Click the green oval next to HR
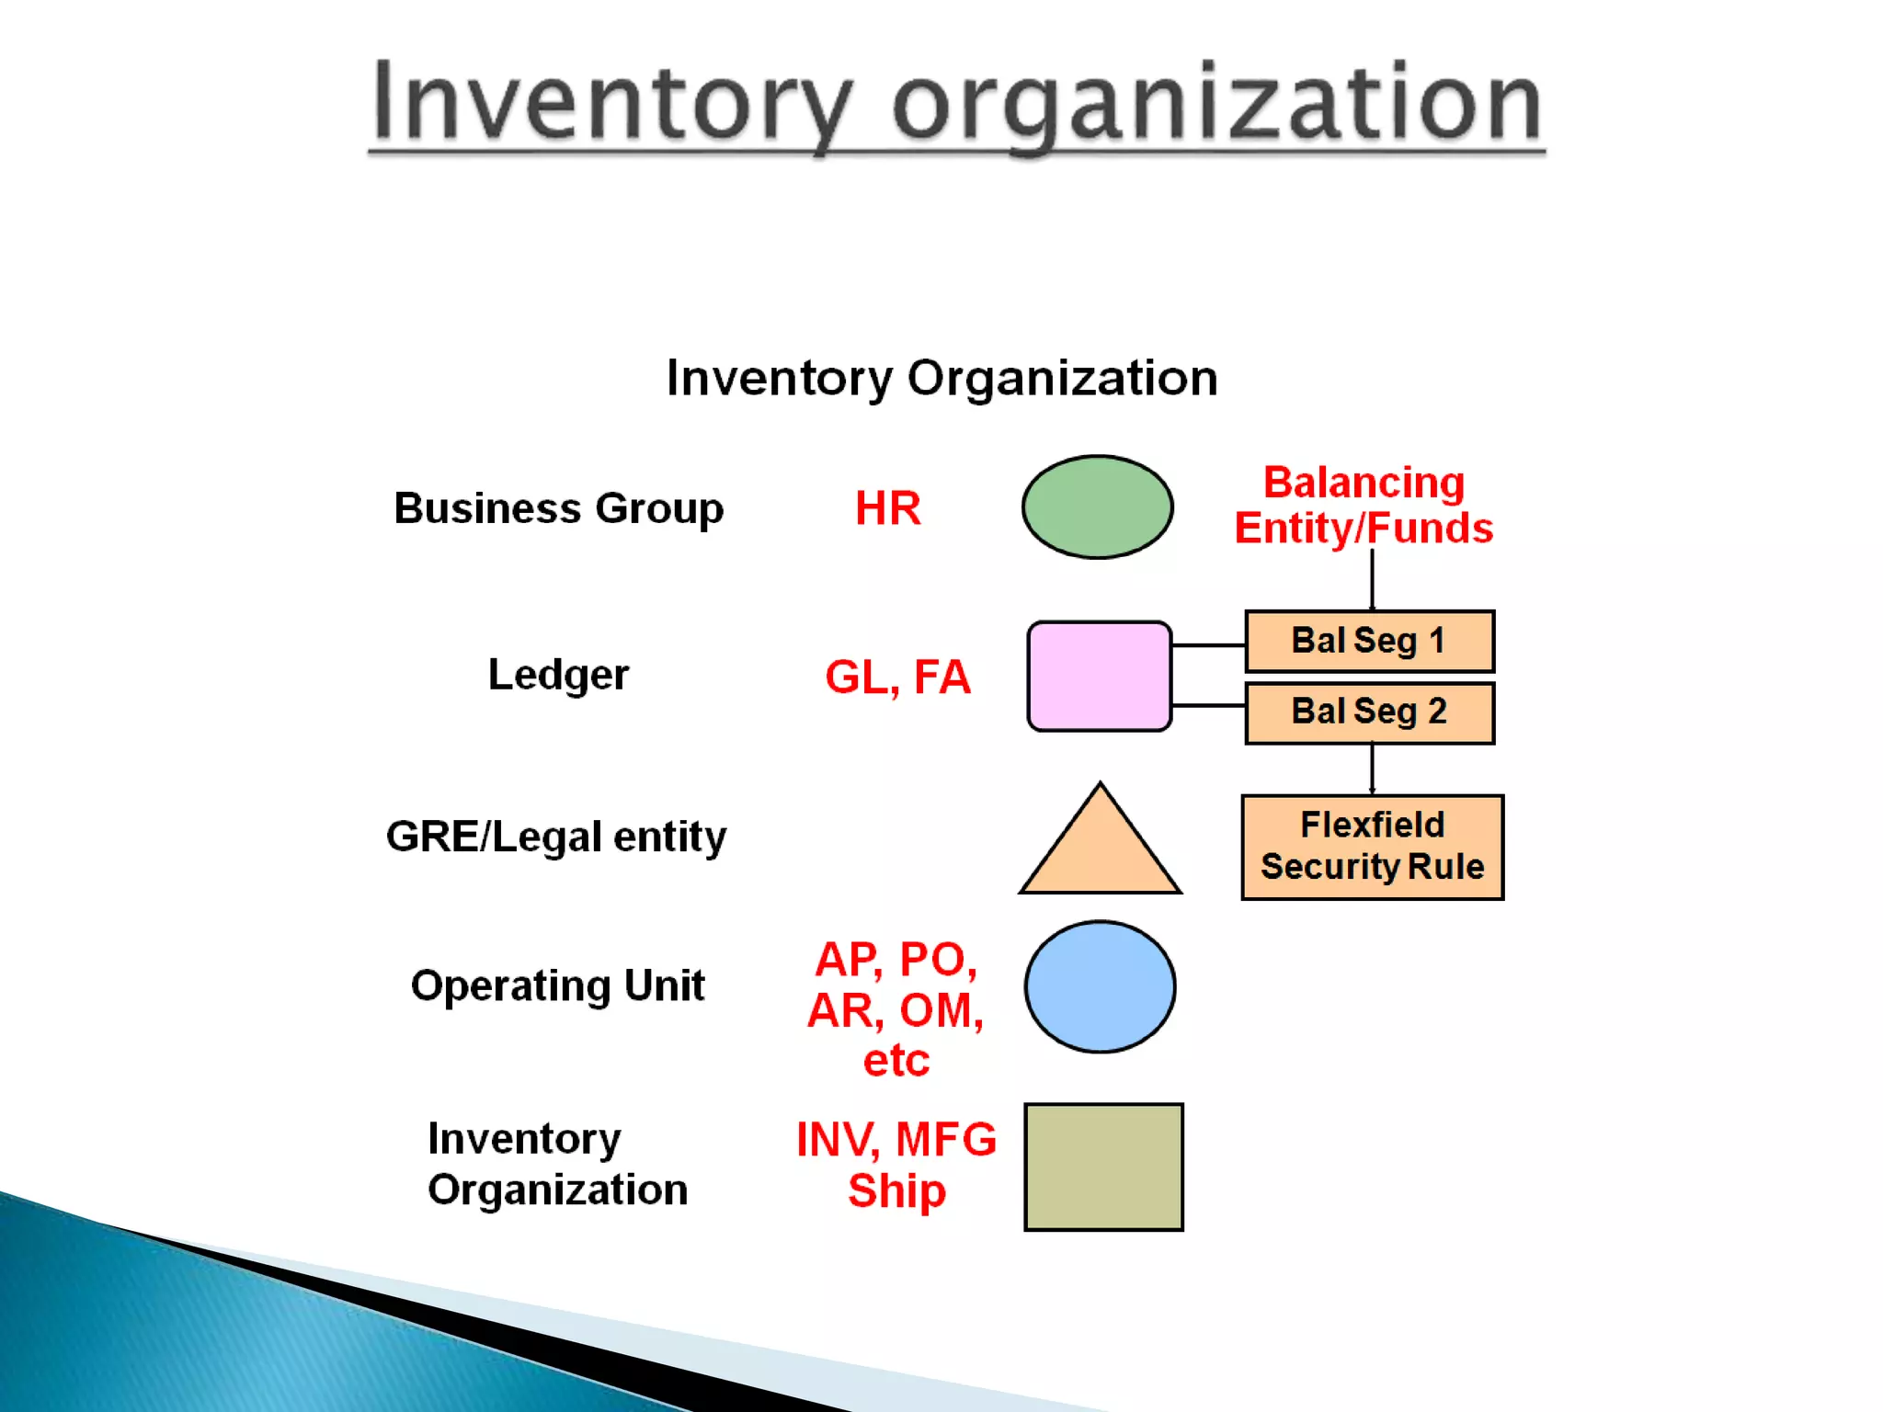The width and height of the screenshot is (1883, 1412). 1097,507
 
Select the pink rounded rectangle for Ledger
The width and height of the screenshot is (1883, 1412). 1099,676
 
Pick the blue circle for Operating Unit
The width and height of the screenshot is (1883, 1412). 1100,986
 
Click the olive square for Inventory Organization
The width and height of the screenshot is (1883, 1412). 1103,1167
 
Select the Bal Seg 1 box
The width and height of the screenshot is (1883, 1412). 1369,641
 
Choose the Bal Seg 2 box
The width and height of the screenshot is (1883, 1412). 1369,712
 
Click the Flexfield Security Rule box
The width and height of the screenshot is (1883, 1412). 1372,847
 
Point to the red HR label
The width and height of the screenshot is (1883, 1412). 887,508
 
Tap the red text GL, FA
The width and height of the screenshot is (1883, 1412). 897,678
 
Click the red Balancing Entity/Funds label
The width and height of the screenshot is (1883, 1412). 1364,506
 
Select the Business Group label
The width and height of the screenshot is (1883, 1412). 558,508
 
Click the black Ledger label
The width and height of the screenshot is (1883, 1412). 558,675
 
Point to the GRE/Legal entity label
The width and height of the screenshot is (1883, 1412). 556,837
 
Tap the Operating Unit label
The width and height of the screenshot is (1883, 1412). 557,985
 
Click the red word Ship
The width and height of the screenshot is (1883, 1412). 896,1191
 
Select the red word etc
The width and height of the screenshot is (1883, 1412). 896,1061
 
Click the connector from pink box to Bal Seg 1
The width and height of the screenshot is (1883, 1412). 1208,645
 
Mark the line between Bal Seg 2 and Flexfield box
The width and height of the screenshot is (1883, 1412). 1372,769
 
